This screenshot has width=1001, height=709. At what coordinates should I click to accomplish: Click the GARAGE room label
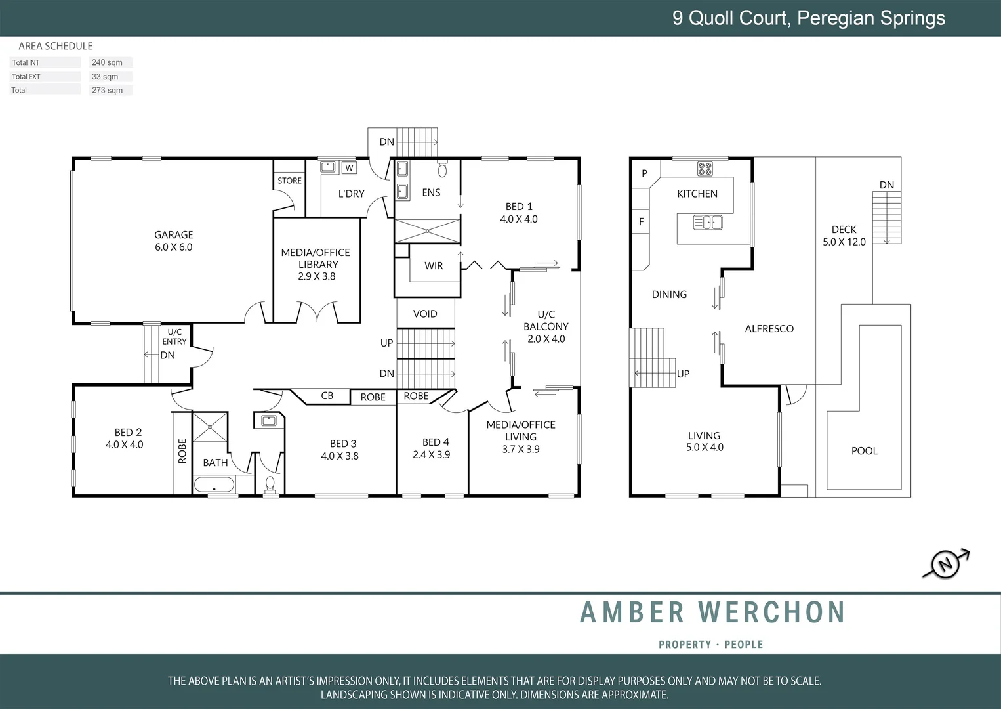[x=174, y=235]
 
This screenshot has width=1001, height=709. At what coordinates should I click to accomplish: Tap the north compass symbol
[x=946, y=564]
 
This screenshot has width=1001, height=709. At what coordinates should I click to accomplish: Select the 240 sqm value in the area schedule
[x=108, y=63]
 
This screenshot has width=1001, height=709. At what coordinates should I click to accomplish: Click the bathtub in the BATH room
[x=214, y=486]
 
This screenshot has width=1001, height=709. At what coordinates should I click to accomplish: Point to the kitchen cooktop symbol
[x=705, y=169]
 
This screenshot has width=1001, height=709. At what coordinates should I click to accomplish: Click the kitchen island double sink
[x=708, y=223]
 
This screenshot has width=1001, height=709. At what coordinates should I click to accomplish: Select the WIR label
[x=434, y=266]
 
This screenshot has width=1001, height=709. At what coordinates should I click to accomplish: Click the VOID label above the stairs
[x=425, y=314]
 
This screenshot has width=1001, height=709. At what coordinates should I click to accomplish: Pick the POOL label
[x=864, y=451]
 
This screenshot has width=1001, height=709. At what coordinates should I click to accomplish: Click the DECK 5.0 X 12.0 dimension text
[x=844, y=242]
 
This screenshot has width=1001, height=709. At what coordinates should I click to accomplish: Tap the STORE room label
[x=289, y=181]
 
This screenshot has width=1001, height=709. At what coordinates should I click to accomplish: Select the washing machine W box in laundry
[x=349, y=168]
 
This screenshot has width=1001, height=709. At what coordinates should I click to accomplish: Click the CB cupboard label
[x=327, y=396]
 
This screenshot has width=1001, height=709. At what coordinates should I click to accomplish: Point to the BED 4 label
[x=436, y=442]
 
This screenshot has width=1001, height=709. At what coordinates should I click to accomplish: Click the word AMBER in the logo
[x=633, y=612]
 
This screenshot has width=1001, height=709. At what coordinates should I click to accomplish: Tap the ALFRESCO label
[x=769, y=329]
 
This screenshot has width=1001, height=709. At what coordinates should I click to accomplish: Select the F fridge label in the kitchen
[x=641, y=222]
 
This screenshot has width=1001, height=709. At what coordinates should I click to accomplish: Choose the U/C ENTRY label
[x=174, y=337]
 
